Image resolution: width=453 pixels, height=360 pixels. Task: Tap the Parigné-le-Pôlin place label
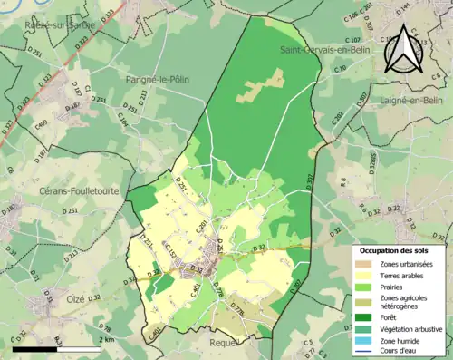click(x=149, y=79)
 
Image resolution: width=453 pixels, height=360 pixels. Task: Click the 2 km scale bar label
click(x=107, y=339)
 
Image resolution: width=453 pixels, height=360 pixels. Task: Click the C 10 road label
click(x=340, y=69)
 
